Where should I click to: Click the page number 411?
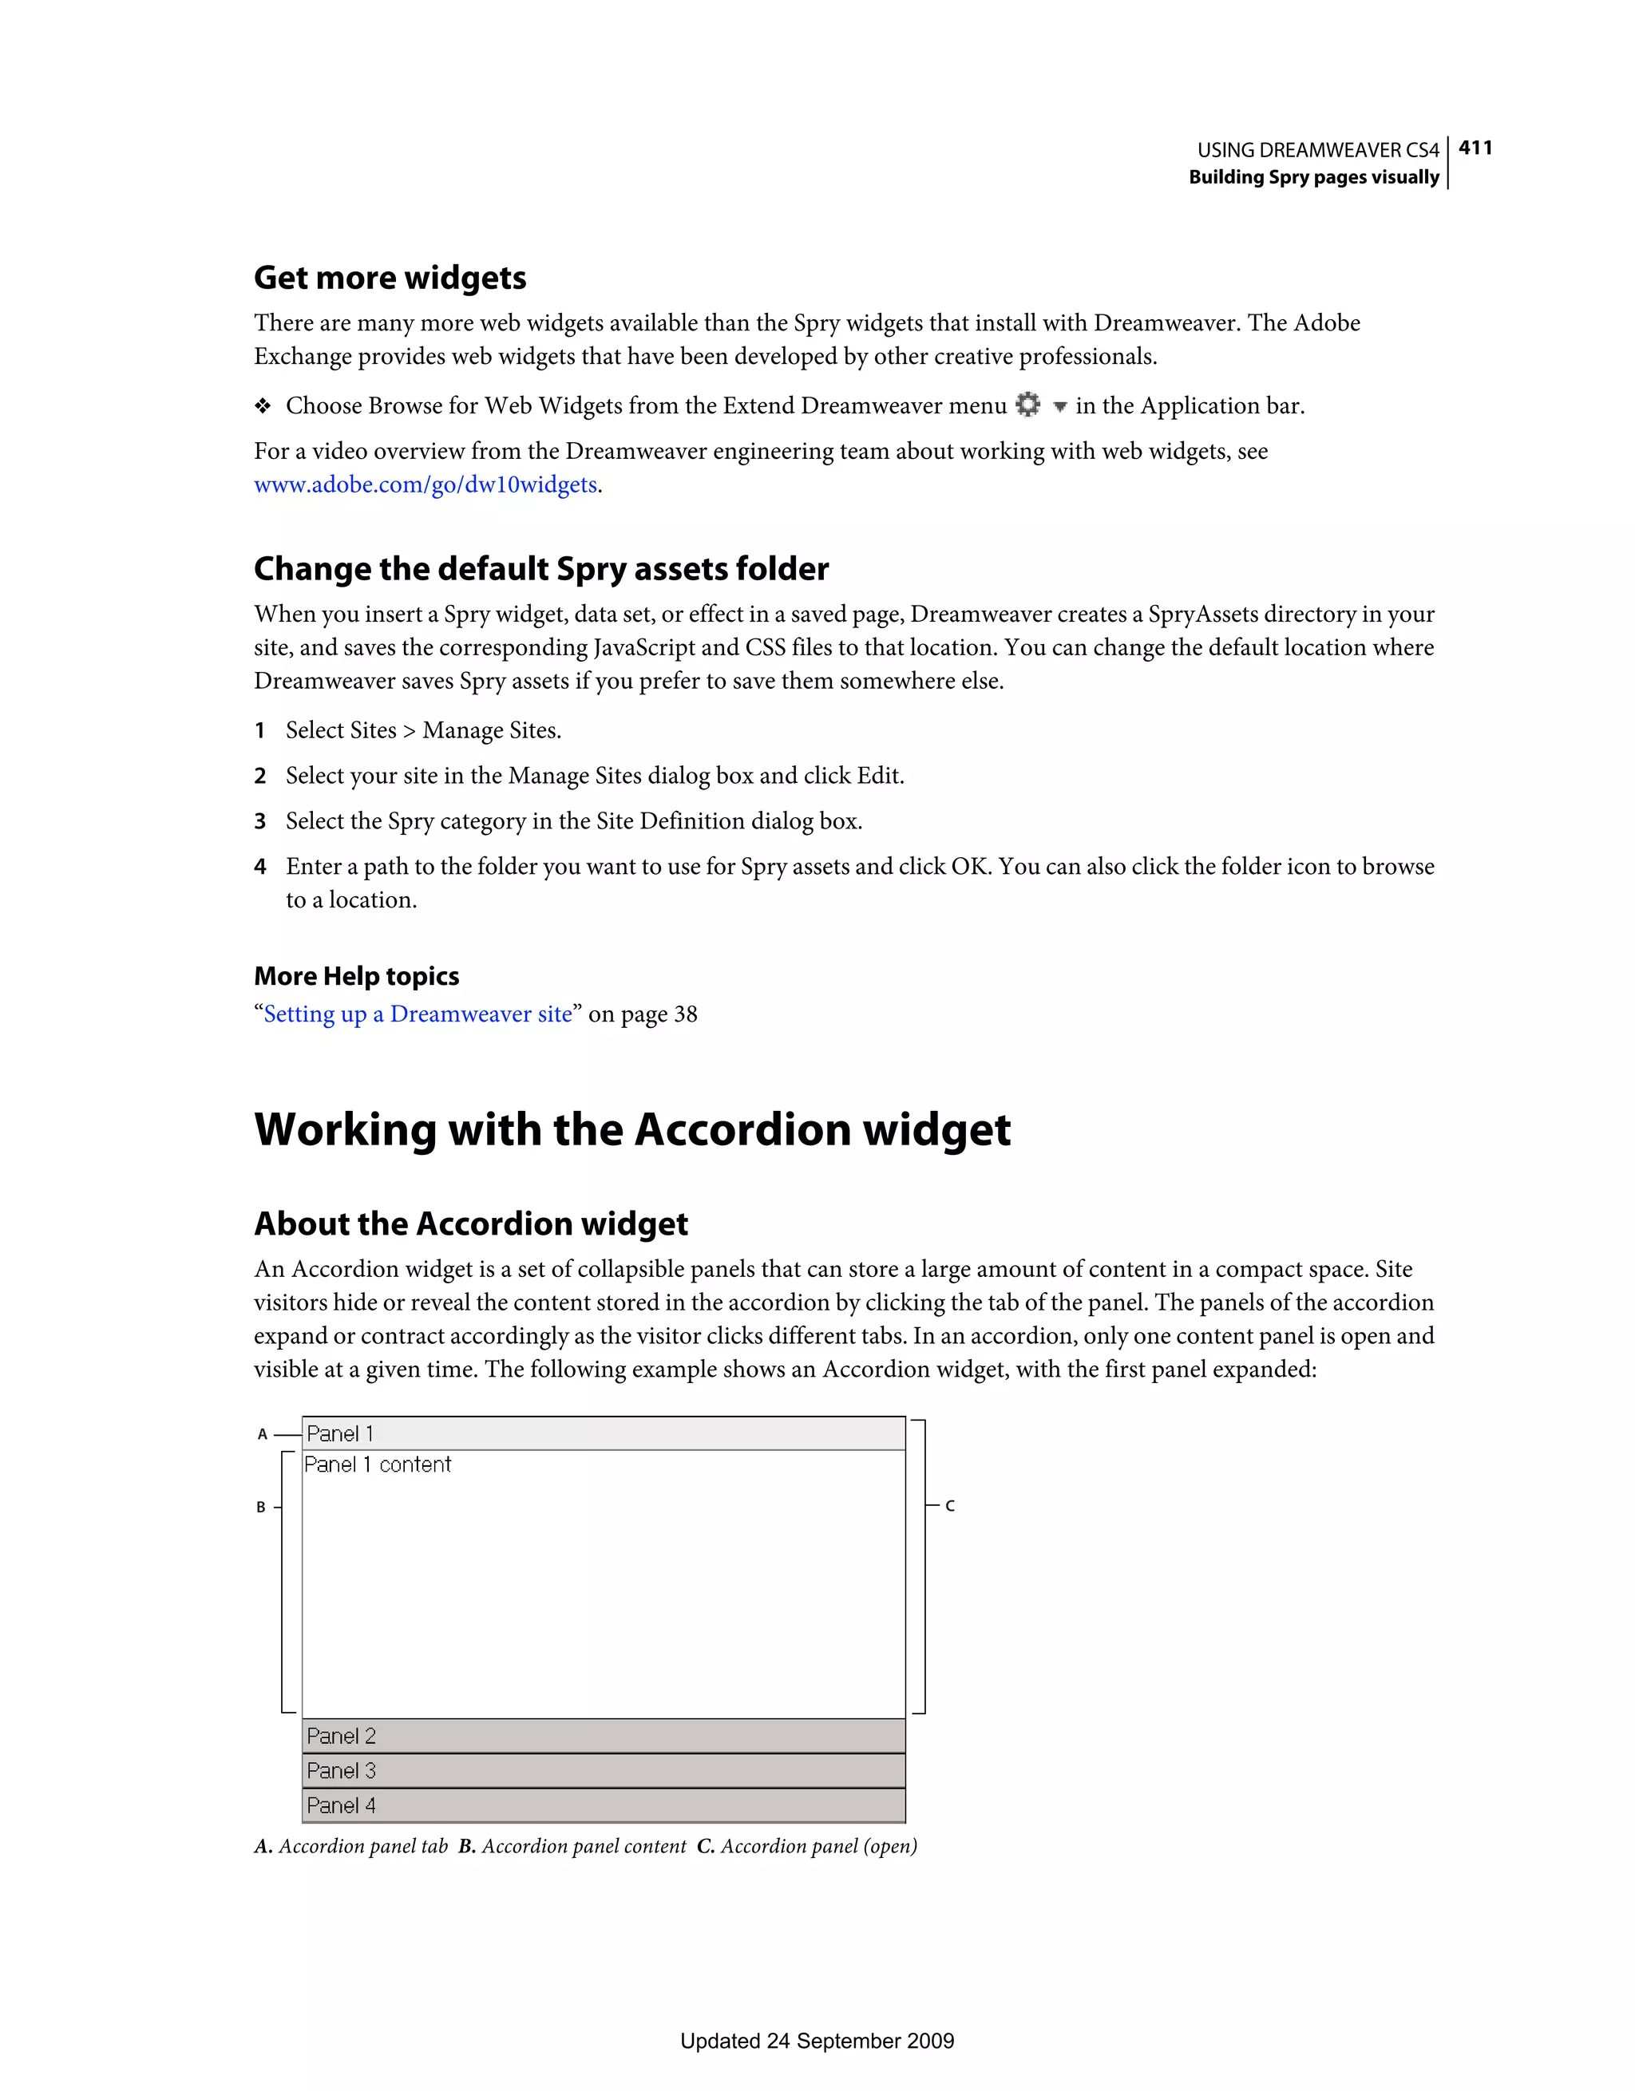(x=1475, y=148)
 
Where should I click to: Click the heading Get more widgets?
(x=390, y=278)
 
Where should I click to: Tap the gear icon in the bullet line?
(x=1027, y=405)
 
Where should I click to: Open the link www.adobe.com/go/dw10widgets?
(x=426, y=484)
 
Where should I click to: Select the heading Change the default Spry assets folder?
(x=541, y=569)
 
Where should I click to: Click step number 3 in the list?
(x=259, y=821)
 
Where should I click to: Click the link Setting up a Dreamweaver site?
(x=418, y=1014)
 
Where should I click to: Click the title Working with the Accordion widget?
(x=632, y=1130)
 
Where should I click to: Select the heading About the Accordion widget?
(x=470, y=1223)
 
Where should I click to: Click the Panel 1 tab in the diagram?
(x=604, y=1433)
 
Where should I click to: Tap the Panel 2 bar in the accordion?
(x=604, y=1736)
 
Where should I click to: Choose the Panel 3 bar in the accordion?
(x=604, y=1770)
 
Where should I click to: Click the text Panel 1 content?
(x=378, y=1464)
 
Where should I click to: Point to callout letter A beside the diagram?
(x=263, y=1434)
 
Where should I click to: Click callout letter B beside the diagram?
(x=260, y=1507)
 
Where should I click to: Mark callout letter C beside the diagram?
(x=949, y=1506)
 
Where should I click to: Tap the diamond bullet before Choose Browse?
(x=263, y=406)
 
